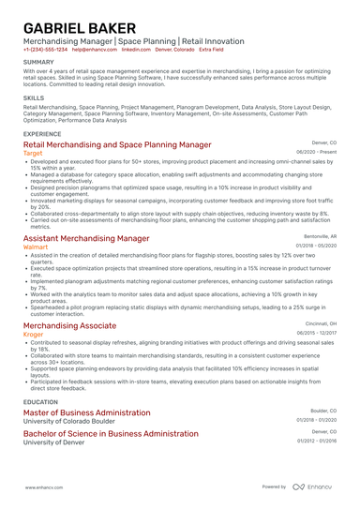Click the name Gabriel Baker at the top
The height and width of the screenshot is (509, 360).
tap(82, 26)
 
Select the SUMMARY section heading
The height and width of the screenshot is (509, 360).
tap(38, 63)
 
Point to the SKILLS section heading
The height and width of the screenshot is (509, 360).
tap(34, 97)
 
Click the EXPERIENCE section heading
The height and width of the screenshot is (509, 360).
tap(43, 134)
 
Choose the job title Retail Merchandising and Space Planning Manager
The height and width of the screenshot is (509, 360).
tap(117, 145)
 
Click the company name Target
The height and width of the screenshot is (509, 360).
tap(33, 154)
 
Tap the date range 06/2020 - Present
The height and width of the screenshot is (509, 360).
tap(316, 152)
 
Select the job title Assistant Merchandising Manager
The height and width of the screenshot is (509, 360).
tap(86, 238)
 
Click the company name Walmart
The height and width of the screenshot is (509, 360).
tap(36, 247)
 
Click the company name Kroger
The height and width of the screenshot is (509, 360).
tap(33, 334)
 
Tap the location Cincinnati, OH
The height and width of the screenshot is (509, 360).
tap(319, 322)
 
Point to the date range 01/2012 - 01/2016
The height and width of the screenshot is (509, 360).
tap(317, 441)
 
